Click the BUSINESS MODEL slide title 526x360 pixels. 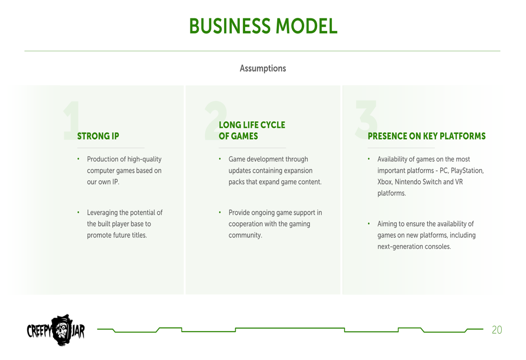263,26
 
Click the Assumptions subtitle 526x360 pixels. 262,68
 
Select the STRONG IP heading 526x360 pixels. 98,136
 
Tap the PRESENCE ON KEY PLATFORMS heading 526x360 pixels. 427,136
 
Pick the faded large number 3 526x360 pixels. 366,119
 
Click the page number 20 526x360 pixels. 497,330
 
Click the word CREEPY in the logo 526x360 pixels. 39,331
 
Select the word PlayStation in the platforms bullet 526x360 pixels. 467,171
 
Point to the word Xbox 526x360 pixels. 385,182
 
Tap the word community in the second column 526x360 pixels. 245,235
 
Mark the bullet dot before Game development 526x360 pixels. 220,159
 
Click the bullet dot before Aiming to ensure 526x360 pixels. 369,223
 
